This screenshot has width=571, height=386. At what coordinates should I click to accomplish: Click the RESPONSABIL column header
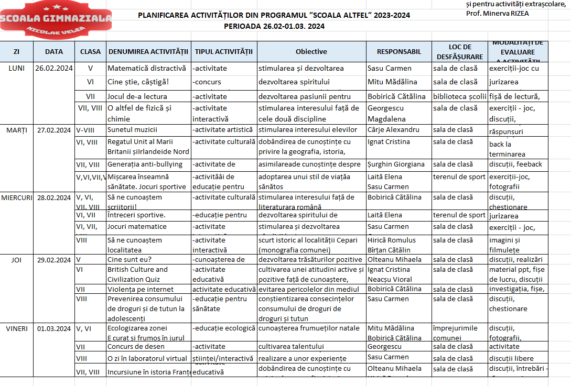point(398,51)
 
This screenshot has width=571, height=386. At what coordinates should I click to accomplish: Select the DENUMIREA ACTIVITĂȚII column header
point(148,51)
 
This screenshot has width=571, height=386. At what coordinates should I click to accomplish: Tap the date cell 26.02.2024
point(54,68)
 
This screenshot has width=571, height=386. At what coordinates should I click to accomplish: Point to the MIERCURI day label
point(17,197)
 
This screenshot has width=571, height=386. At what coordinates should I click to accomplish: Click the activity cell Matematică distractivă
point(147,68)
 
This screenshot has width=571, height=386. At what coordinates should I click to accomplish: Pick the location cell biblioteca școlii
point(459,96)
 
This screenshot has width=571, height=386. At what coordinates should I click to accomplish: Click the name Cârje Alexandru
point(393,130)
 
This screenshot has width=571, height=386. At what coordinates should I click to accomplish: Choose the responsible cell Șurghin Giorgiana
point(396,164)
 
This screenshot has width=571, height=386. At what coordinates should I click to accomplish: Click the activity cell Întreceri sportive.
point(136,215)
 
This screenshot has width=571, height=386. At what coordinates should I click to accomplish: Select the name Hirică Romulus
point(391,240)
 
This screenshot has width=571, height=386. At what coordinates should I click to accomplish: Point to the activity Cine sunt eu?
point(129,260)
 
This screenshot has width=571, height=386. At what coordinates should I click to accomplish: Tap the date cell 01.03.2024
point(54,329)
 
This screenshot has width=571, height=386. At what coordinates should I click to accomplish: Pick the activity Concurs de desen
point(136,347)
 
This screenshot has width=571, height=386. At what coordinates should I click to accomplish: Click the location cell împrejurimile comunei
point(455,333)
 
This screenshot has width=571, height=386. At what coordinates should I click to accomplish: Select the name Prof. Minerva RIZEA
point(497,13)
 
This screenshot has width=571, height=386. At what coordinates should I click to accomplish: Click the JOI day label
point(17,260)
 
